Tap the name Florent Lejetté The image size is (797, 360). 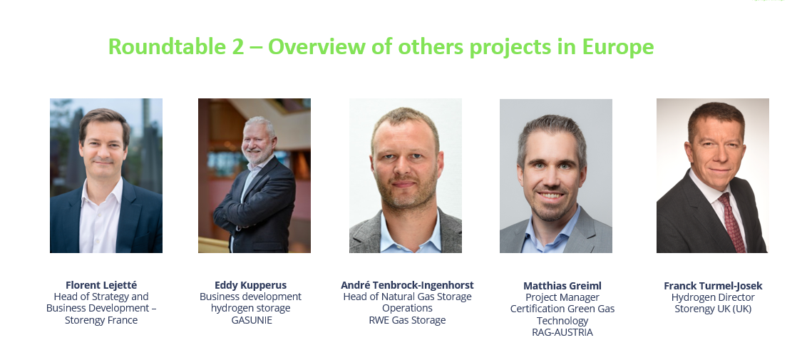101,285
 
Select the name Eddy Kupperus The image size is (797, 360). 251,285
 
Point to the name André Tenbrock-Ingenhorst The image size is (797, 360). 407,285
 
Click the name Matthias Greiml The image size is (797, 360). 562,286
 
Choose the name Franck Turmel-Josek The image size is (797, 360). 713,286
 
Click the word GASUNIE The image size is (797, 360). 252,320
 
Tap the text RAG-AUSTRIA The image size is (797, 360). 562,332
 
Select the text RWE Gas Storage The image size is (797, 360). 407,320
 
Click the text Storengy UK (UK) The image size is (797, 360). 713,309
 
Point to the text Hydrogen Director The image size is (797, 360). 713,297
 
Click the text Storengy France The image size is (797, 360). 101,320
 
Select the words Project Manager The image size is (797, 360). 562,297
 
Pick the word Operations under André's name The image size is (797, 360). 407,309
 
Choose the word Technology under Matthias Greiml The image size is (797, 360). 562,321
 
